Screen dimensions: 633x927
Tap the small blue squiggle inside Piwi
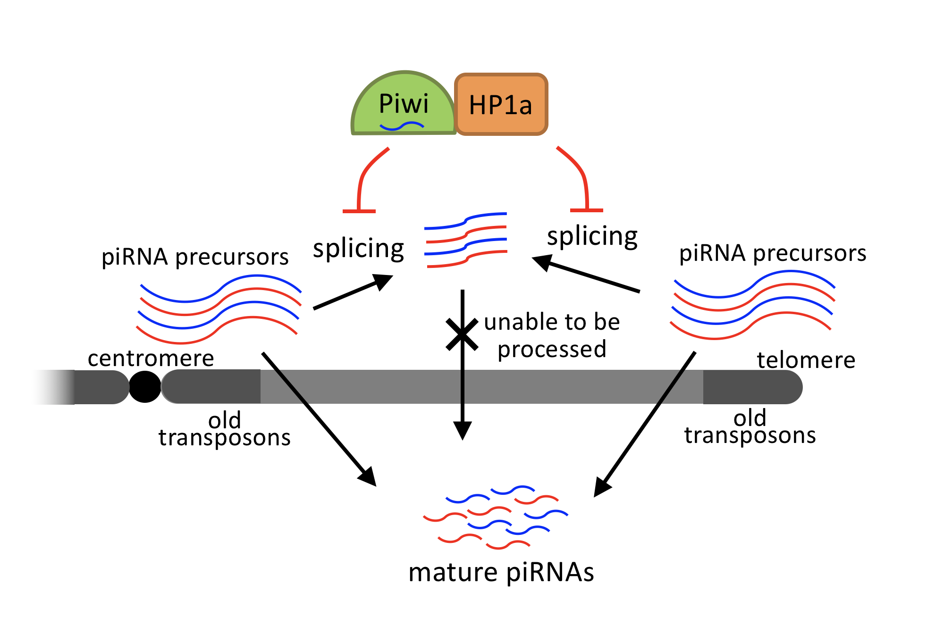[x=402, y=126]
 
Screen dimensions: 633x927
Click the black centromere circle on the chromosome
[x=145, y=387]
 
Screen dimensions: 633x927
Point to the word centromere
[x=151, y=358]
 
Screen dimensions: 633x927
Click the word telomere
[x=806, y=360]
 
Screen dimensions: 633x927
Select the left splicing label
[x=358, y=249]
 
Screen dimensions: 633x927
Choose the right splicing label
[x=592, y=236]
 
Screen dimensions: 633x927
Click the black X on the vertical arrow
[x=462, y=334]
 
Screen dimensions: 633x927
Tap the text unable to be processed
[x=552, y=335]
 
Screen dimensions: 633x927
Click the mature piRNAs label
[x=501, y=573]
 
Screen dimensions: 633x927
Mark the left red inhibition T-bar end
[x=359, y=211]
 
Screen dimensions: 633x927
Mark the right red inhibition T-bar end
[x=587, y=210]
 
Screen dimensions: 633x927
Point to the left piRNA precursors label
[x=195, y=258]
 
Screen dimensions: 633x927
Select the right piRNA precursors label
[x=772, y=254]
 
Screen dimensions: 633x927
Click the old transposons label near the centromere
[x=224, y=429]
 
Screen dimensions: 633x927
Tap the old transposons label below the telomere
[x=750, y=427]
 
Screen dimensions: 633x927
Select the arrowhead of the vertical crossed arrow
[x=463, y=430]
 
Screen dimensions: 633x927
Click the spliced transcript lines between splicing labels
[x=466, y=240]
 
